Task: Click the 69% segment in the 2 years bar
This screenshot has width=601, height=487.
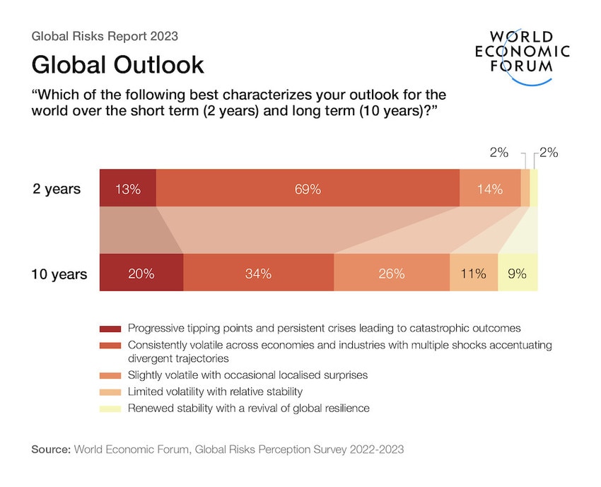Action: [308, 189]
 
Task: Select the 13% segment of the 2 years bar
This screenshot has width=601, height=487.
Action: [128, 189]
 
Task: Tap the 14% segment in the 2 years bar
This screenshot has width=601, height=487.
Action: [489, 189]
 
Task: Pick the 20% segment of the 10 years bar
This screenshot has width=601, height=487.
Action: [141, 273]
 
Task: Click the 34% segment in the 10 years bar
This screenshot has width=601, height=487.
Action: [259, 273]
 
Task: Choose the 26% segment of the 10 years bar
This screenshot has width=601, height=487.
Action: [391, 273]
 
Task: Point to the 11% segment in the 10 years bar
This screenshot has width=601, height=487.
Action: [474, 273]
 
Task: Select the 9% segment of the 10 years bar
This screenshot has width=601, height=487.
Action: [518, 273]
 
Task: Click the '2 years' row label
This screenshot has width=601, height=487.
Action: [57, 189]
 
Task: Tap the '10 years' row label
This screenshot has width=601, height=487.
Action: [59, 274]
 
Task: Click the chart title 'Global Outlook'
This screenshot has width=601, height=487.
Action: [117, 64]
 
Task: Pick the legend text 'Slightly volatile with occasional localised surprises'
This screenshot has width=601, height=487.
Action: [248, 375]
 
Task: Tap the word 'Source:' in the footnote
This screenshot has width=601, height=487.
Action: [51, 449]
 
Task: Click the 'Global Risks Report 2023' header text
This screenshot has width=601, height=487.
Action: [105, 35]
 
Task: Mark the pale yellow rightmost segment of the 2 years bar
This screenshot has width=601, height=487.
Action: [534, 189]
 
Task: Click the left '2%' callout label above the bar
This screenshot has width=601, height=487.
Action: [498, 153]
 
